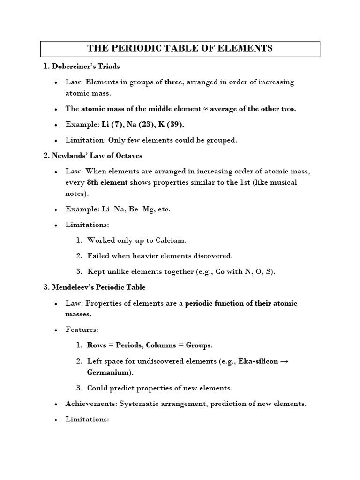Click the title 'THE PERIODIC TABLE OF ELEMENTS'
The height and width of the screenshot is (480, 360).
click(180, 48)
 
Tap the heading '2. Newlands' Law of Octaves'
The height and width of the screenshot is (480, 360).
click(93, 155)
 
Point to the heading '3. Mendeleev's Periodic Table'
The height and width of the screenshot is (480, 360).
click(94, 286)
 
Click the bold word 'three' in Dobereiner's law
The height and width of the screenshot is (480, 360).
click(173, 82)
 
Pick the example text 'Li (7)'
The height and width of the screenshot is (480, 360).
click(112, 124)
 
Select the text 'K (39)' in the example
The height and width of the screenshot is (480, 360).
click(171, 124)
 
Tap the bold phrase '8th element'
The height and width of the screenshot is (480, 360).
click(107, 182)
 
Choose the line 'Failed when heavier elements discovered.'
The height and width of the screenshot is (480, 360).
click(160, 256)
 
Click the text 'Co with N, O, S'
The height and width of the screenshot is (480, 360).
click(244, 271)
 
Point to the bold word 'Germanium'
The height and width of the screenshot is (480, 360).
click(107, 372)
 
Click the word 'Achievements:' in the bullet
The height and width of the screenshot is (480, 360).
click(91, 404)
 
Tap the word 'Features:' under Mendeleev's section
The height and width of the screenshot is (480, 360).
click(82, 330)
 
